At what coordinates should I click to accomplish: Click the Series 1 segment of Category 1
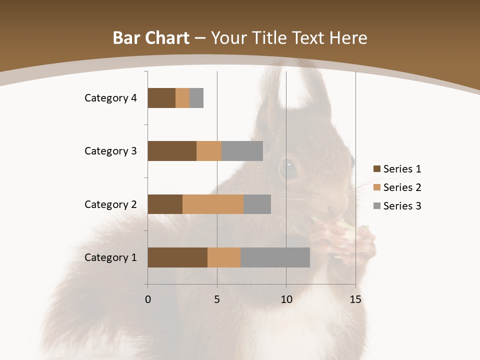[x=177, y=257]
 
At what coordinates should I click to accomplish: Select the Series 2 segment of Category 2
[x=213, y=204]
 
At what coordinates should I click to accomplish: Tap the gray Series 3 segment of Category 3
[x=242, y=151]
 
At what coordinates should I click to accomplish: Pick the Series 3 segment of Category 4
[x=196, y=98]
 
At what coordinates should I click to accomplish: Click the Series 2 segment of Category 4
[x=182, y=98]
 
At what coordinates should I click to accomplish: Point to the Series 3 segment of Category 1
[x=275, y=257]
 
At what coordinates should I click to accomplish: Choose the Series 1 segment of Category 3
[x=172, y=151]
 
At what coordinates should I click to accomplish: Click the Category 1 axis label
[x=110, y=257]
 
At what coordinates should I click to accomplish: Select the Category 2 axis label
[x=110, y=204]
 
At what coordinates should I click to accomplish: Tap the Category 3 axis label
[x=110, y=151]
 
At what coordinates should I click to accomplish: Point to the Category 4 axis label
[x=110, y=98]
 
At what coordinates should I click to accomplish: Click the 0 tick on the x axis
[x=148, y=299]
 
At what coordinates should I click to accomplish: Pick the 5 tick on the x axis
[x=217, y=299]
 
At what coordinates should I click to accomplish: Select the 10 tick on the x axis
[x=286, y=299]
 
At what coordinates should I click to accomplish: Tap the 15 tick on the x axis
[x=355, y=299]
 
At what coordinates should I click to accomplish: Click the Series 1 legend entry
[x=397, y=169]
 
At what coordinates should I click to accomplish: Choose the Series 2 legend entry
[x=397, y=187]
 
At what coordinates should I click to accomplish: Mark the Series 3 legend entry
[x=397, y=206]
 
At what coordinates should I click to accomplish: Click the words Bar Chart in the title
[x=150, y=38]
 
